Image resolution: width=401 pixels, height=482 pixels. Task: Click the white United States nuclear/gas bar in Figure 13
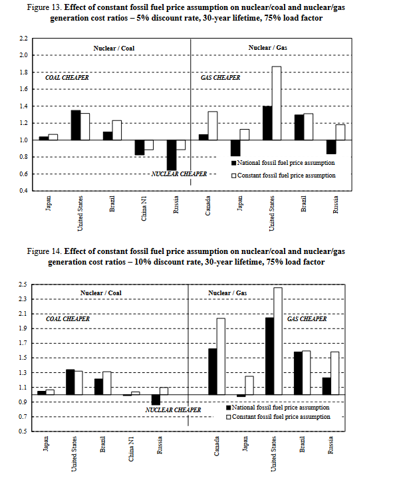point(276,103)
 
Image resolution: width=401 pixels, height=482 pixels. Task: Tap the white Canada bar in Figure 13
point(213,126)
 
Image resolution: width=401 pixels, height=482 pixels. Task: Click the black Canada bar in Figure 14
point(212,372)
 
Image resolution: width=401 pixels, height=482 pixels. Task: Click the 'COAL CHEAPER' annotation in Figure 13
point(67,78)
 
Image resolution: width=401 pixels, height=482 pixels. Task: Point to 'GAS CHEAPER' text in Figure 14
point(307,319)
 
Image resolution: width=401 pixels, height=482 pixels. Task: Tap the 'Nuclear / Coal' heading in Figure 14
point(101,293)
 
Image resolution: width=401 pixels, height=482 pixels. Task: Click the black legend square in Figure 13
point(233,162)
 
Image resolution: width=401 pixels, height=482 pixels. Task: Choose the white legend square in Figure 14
point(230,418)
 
